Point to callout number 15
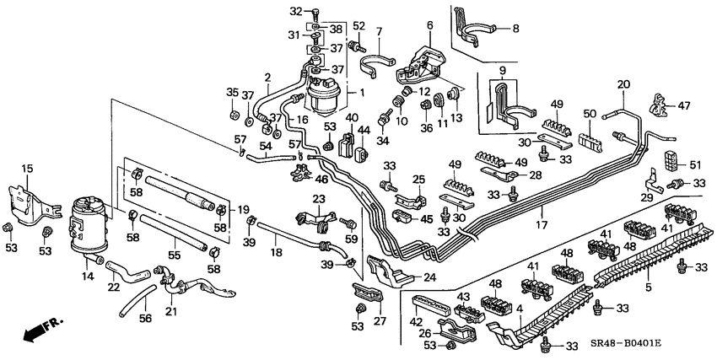tap(27, 169)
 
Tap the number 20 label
tap(623, 84)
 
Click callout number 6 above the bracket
tap(429, 25)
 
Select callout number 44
tap(364, 130)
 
